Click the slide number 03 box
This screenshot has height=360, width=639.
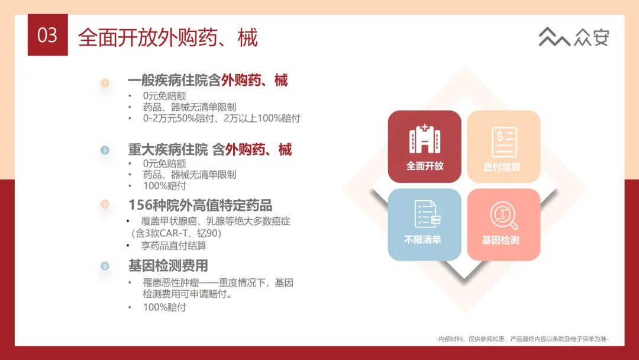(x=47, y=36)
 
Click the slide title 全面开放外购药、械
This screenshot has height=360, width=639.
(x=168, y=37)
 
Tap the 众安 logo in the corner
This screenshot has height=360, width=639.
(x=573, y=37)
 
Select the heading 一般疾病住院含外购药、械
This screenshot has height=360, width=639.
(x=208, y=81)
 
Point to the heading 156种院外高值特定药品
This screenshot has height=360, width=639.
(x=200, y=205)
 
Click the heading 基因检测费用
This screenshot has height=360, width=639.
(x=168, y=266)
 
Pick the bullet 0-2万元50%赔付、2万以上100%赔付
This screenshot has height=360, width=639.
(x=221, y=118)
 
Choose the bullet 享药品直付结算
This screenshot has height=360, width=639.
(x=174, y=246)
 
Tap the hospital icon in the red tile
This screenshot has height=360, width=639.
(x=424, y=140)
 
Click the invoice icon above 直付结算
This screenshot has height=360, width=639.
(x=504, y=142)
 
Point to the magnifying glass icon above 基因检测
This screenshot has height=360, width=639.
(x=504, y=216)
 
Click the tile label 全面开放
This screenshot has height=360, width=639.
(x=424, y=166)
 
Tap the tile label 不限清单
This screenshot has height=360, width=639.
(x=422, y=240)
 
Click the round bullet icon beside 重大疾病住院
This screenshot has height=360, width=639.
(x=105, y=150)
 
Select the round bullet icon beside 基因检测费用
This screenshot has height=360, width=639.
(x=105, y=266)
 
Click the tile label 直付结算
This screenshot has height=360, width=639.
(x=502, y=167)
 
